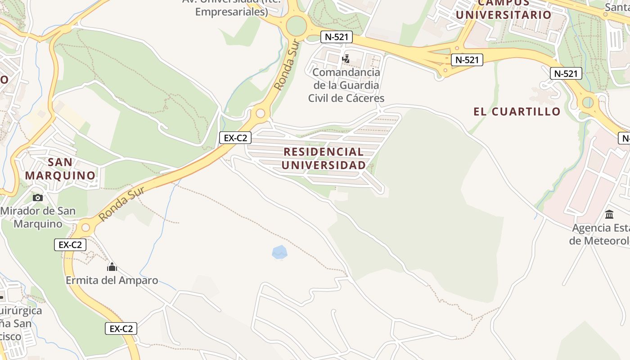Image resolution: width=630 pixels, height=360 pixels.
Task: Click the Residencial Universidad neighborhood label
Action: [324, 158]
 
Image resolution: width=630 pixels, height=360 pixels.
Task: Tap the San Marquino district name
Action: [60, 169]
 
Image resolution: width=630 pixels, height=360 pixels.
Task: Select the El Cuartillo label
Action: [517, 112]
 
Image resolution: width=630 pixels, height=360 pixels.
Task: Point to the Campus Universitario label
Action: [504, 10]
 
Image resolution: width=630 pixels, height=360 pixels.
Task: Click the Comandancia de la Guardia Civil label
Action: [346, 85]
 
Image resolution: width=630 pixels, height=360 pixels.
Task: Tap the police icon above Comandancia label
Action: [346, 59]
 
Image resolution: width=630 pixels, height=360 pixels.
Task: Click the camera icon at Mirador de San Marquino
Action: [38, 198]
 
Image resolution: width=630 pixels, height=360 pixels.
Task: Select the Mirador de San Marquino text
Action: [38, 217]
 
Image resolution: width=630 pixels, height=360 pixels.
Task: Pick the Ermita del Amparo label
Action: [112, 280]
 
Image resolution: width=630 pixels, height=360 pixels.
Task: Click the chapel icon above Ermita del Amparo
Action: [112, 267]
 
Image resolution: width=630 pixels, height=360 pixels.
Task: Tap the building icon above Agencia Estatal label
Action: [609, 214]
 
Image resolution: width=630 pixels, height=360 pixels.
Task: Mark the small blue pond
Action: [279, 252]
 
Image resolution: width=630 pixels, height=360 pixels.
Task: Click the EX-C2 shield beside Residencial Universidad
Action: [235, 138]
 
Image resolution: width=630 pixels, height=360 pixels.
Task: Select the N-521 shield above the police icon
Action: [336, 37]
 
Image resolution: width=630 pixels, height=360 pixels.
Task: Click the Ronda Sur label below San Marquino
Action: [121, 204]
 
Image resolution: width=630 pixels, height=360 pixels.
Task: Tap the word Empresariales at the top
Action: [231, 12]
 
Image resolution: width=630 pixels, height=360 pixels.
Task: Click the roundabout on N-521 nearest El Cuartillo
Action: [588, 103]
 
